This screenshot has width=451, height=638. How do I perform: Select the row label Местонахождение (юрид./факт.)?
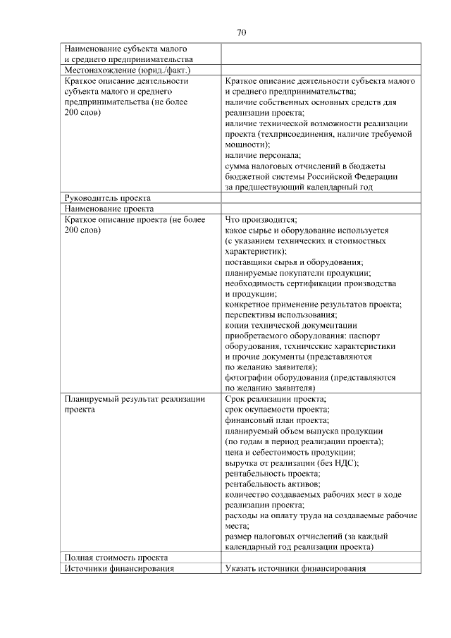click(x=128, y=70)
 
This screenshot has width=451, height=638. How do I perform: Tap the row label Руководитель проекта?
click(x=107, y=198)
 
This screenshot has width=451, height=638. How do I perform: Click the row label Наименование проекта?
click(x=109, y=209)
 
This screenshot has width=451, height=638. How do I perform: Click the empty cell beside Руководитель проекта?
click(x=321, y=198)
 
